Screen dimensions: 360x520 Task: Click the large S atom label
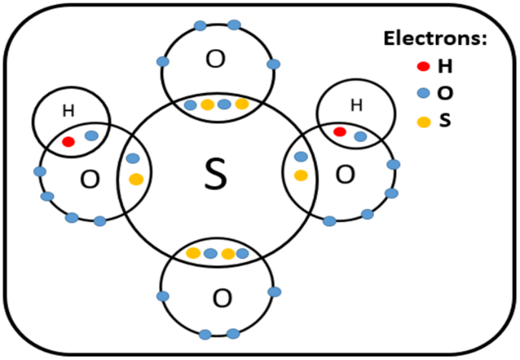217,175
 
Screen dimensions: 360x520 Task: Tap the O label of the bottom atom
221,297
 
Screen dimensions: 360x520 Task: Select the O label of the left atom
90,180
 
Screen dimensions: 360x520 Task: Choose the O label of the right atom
345,175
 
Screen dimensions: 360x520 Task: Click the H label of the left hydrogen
68,111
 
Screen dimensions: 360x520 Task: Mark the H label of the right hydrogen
355,105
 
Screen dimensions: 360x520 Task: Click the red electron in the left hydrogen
68,142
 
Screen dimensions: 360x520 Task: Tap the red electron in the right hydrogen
340,132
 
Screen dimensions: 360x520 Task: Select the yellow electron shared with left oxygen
136,180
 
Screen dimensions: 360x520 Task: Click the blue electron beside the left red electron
91,136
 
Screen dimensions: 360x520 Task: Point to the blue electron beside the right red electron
360,137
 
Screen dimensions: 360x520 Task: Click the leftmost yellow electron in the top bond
207,104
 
